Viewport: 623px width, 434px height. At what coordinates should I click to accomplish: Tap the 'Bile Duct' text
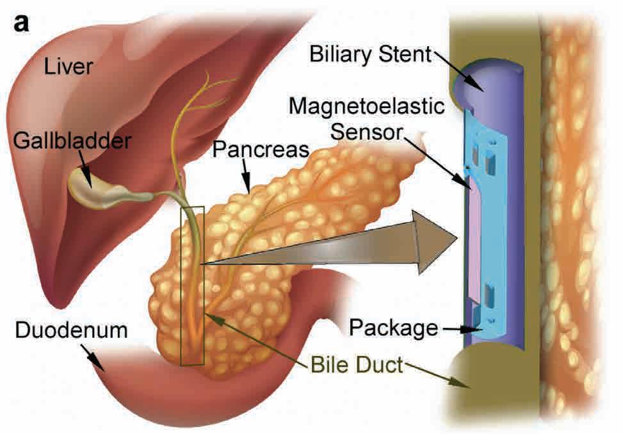coord(357,366)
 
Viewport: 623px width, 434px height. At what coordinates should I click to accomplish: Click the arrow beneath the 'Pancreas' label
coord(245,175)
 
